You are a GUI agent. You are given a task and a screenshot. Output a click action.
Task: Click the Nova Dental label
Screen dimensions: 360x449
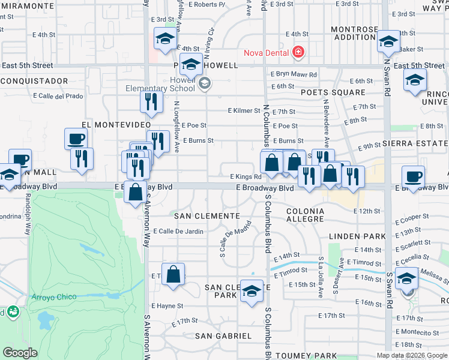click(265, 52)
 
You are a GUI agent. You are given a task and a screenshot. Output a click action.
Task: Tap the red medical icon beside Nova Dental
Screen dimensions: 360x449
click(297, 53)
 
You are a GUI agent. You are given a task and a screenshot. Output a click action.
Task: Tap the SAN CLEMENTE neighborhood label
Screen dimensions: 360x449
click(207, 215)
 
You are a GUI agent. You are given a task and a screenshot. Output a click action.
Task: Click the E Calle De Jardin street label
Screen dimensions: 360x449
click(178, 231)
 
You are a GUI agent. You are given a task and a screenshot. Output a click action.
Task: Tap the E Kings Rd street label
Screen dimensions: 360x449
click(246, 177)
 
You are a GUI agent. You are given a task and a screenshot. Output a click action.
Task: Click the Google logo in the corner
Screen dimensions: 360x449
click(20, 353)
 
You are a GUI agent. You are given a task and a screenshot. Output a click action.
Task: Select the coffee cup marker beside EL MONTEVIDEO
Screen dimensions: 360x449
click(76, 139)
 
